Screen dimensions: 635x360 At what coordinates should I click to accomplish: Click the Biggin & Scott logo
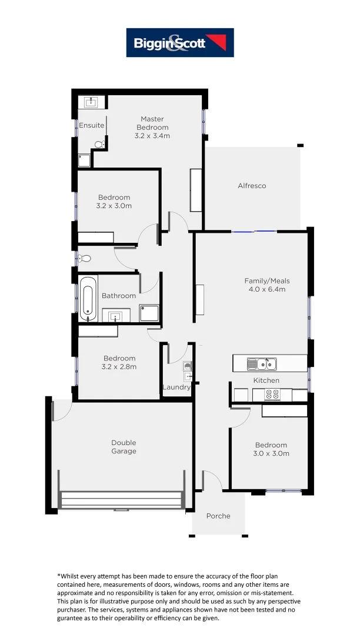[x=180, y=42]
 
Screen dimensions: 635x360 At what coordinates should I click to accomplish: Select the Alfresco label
[x=252, y=186]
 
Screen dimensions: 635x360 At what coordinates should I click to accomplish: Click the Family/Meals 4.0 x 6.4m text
[x=267, y=285]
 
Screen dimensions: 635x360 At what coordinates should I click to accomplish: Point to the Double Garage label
[x=124, y=447]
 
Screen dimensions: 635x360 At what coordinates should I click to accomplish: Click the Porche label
[x=218, y=516]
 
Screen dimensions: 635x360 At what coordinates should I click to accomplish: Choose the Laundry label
[x=176, y=387]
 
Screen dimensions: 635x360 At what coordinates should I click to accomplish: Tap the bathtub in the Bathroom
[x=88, y=300]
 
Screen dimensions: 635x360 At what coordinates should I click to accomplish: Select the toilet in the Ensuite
[x=99, y=143]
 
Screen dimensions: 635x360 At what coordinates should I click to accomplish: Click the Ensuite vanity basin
[x=91, y=102]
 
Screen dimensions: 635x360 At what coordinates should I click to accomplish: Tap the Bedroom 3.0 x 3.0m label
[x=271, y=449]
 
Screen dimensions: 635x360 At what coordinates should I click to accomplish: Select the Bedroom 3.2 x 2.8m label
[x=119, y=362]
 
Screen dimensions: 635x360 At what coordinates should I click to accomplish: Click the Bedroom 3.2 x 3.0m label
[x=114, y=202]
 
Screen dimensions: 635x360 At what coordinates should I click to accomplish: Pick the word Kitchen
[x=266, y=380]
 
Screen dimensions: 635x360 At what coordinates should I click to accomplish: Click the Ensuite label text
[x=92, y=125]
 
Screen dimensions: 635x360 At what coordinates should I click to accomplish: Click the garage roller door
[x=122, y=500]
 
